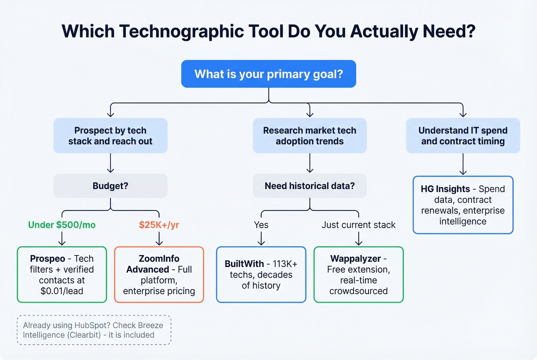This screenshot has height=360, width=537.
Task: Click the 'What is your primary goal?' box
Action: (268, 74)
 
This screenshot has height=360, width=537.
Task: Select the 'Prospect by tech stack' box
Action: (110, 136)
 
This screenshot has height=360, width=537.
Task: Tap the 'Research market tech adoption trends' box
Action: (310, 136)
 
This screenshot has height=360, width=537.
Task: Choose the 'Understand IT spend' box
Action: (463, 136)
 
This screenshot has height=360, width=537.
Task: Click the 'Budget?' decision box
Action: (110, 186)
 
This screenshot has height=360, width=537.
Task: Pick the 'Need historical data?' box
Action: (310, 186)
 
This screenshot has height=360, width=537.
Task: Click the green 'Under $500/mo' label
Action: (62, 225)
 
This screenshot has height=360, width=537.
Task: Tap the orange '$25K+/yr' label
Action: (159, 225)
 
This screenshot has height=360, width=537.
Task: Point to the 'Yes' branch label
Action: (261, 225)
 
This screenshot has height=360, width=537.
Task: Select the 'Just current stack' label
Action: (358, 225)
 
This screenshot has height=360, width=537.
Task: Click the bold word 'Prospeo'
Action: (48, 259)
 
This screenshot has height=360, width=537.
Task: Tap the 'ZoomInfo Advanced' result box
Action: (159, 275)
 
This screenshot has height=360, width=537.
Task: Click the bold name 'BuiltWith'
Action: (244, 264)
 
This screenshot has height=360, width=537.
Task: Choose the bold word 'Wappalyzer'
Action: (355, 259)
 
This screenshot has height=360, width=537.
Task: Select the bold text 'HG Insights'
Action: (445, 189)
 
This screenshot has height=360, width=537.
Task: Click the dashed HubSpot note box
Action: (94, 330)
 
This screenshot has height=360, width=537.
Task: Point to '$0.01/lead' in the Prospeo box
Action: (62, 291)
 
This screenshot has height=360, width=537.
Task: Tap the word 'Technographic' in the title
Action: (181, 31)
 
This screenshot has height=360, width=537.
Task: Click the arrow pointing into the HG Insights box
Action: (463, 165)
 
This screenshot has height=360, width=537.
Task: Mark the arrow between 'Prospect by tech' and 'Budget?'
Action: (110, 163)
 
